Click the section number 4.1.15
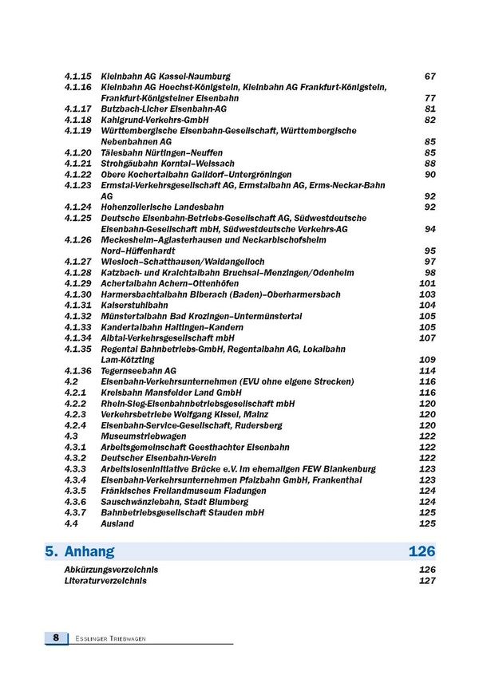coord(77,77)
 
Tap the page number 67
coord(430,77)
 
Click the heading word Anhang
coord(91,551)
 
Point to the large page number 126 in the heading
coord(422,551)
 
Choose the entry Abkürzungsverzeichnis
coord(111,570)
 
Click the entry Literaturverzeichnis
coord(105,581)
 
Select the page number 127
coord(427,581)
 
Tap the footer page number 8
coord(56,637)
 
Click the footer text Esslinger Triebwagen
coord(106,638)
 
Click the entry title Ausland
coord(117,524)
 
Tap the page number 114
coord(427,371)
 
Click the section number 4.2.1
coord(75,393)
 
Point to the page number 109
coord(427,360)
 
